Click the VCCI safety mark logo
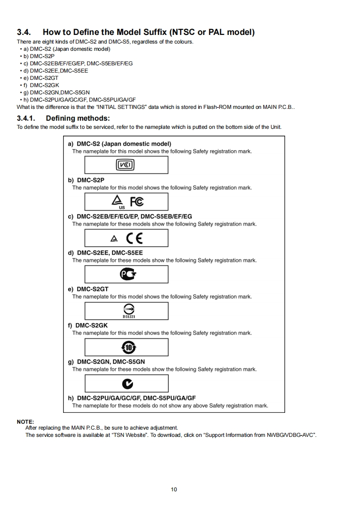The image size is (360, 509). (126, 165)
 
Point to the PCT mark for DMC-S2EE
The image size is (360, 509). (127, 274)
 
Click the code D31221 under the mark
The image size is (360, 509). (126, 316)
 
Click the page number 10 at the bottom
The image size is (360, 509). (174, 489)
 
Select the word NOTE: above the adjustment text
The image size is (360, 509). (25, 421)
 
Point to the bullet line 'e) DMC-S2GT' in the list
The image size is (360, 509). (41, 78)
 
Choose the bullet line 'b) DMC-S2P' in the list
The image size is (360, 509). (39, 56)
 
